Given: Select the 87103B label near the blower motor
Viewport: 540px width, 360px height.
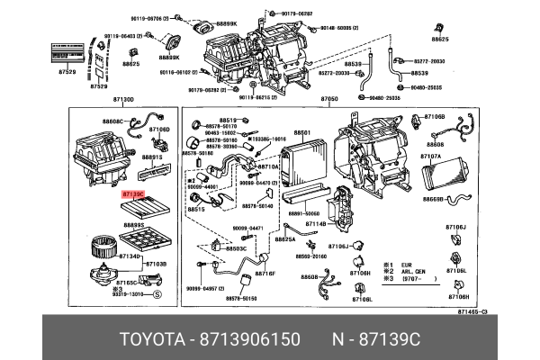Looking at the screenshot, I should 156,264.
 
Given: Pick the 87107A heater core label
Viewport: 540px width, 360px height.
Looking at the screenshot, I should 431,156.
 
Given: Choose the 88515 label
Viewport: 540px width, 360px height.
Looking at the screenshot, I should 196,209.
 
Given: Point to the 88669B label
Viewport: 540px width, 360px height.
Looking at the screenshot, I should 435,198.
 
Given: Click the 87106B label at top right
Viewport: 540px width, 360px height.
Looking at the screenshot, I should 435,117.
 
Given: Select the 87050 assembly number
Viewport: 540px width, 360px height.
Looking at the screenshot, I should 328,99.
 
